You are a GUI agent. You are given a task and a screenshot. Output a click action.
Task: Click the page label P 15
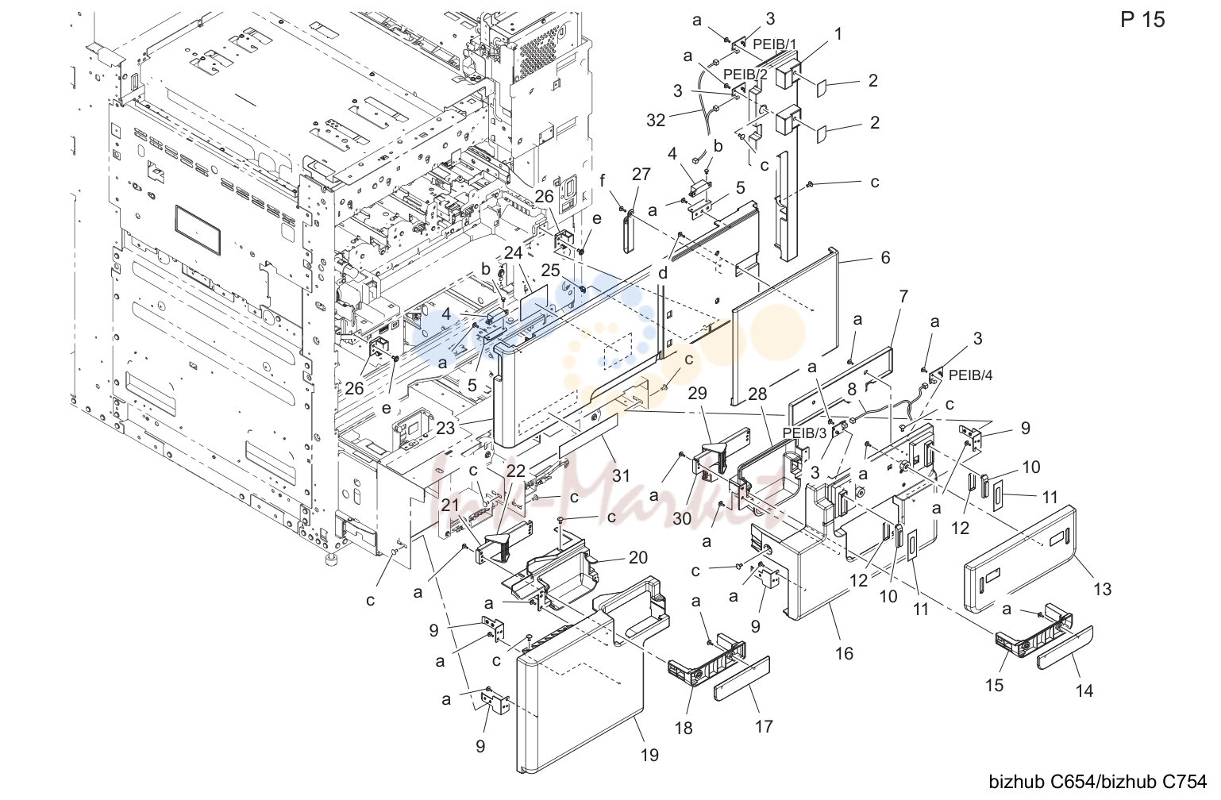pyautogui.click(x=1142, y=20)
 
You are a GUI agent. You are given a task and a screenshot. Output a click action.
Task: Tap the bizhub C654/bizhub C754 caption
pyautogui.click(x=1098, y=782)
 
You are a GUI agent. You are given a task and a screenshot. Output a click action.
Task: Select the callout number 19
pyautogui.click(x=649, y=755)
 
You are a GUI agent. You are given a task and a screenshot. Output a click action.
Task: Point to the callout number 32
pyautogui.click(x=656, y=120)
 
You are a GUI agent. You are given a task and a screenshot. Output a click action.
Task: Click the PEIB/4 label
pyautogui.click(x=971, y=375)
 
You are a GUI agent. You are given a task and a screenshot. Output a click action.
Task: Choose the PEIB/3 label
pyautogui.click(x=805, y=433)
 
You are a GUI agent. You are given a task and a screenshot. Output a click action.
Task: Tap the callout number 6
pyautogui.click(x=885, y=257)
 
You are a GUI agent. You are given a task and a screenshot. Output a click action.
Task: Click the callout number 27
pyautogui.click(x=641, y=175)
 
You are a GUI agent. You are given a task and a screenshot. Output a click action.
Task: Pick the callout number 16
pyautogui.click(x=844, y=653)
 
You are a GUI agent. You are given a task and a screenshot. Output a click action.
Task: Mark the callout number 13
pyautogui.click(x=1102, y=589)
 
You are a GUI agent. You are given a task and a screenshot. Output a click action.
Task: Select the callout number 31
pyautogui.click(x=621, y=475)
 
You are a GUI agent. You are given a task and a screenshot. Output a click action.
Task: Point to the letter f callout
pyautogui.click(x=603, y=180)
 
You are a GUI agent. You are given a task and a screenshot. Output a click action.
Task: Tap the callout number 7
pyautogui.click(x=903, y=297)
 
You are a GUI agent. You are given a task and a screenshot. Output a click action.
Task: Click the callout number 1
pyautogui.click(x=838, y=34)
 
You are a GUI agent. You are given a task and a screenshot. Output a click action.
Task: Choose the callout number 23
pyautogui.click(x=445, y=428)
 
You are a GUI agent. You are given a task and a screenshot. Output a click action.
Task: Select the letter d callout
pyautogui.click(x=663, y=273)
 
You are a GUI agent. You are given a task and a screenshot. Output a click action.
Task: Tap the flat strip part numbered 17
pyautogui.click(x=741, y=679)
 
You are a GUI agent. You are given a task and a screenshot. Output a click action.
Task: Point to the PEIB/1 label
pyautogui.click(x=775, y=44)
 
